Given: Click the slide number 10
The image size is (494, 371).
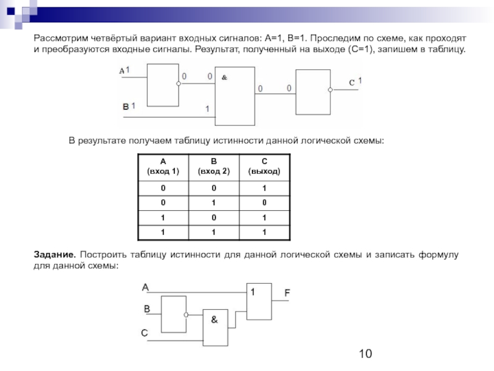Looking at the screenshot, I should pyautogui.click(x=365, y=354).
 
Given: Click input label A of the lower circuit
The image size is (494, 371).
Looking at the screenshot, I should pyautogui.click(x=145, y=287).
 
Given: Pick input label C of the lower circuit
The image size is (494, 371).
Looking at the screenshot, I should pyautogui.click(x=144, y=333).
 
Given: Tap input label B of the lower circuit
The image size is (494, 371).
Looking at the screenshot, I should pyautogui.click(x=146, y=308).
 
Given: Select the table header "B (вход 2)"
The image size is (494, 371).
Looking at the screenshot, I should pyautogui.click(x=213, y=166).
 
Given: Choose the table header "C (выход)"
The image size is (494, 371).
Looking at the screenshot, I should pyautogui.click(x=264, y=166).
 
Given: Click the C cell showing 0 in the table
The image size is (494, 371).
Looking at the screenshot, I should pyautogui.click(x=264, y=203).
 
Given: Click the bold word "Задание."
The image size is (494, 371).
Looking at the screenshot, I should pyautogui.click(x=54, y=255).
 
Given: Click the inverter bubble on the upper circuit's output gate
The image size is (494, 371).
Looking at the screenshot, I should pyautogui.click(x=330, y=90).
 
